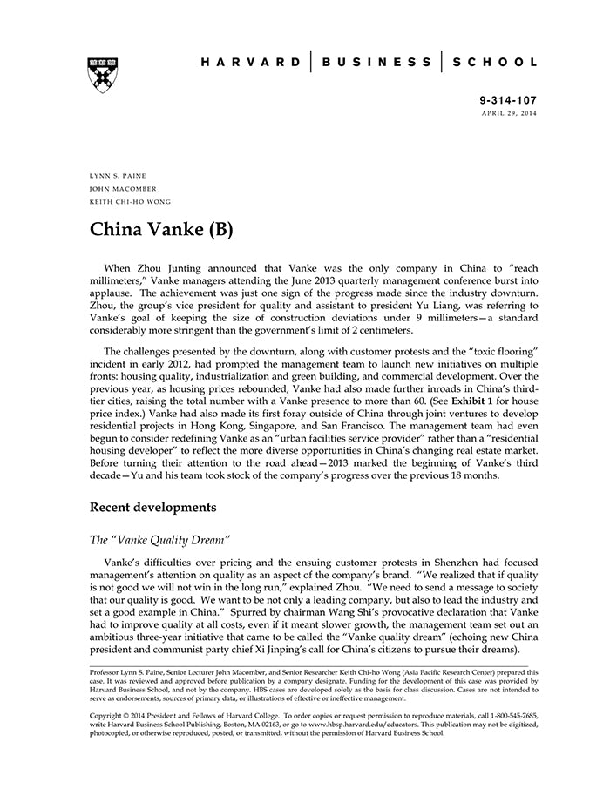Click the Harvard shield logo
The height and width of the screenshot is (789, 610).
[103, 75]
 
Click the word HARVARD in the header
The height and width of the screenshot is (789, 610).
[250, 63]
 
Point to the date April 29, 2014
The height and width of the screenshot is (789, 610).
[509, 114]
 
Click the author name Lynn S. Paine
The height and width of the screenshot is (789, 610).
[118, 175]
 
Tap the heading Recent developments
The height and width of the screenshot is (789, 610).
[153, 507]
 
